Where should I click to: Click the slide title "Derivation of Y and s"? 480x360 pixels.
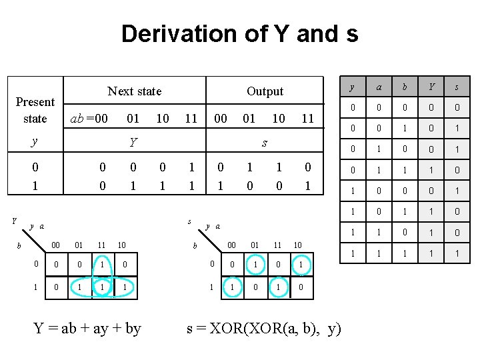tap(239, 33)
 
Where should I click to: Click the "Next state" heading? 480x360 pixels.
tap(134, 91)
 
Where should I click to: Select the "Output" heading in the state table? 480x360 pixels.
tap(265, 91)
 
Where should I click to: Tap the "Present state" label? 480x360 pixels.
tap(35, 110)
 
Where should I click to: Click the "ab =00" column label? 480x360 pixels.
tap(89, 119)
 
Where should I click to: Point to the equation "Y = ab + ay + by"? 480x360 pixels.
tap(87, 328)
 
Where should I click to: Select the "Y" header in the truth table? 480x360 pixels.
tap(432, 87)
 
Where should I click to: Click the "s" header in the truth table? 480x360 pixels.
tap(457, 87)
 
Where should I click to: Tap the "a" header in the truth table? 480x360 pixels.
tap(379, 87)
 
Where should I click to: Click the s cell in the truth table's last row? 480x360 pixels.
tap(457, 254)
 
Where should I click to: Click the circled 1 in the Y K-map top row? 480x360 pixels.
tap(101, 265)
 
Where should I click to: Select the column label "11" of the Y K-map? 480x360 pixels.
tap(101, 245)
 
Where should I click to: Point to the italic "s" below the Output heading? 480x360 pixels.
tap(265, 142)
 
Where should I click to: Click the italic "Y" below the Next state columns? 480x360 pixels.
tap(133, 142)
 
